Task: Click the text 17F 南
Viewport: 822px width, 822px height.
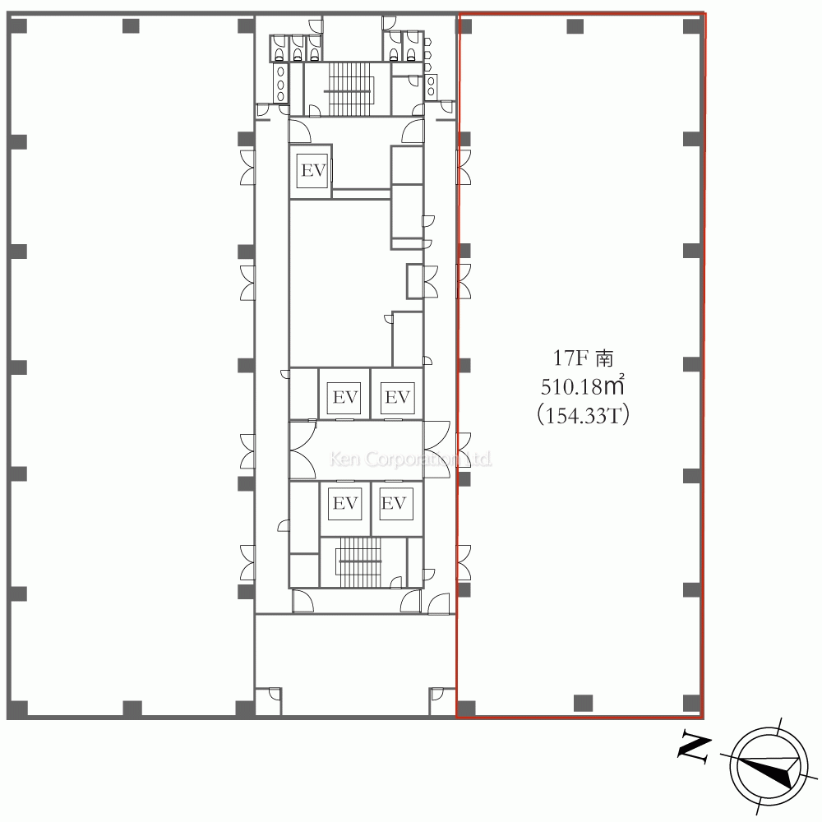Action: (583, 358)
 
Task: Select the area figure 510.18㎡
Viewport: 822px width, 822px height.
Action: (583, 387)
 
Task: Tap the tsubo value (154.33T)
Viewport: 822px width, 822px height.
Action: (583, 416)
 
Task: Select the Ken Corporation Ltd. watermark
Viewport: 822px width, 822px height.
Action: (410, 459)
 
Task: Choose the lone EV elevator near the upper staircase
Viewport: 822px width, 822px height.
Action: (313, 171)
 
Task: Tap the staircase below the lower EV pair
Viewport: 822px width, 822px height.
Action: (360, 562)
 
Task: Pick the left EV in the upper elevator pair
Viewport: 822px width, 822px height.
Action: (345, 397)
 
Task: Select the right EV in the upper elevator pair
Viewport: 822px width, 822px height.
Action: (397, 397)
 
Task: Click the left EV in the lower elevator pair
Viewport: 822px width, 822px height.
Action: (345, 503)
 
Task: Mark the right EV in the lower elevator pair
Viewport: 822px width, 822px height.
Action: (394, 503)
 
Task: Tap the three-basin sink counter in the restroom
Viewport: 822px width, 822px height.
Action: (280, 83)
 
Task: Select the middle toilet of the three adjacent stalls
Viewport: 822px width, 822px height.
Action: (298, 48)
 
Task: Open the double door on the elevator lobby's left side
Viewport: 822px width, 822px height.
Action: (302, 450)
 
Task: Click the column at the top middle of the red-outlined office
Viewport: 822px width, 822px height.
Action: (575, 25)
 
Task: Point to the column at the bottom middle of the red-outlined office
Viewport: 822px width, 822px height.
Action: (583, 703)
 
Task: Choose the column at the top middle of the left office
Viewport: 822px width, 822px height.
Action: (131, 25)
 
